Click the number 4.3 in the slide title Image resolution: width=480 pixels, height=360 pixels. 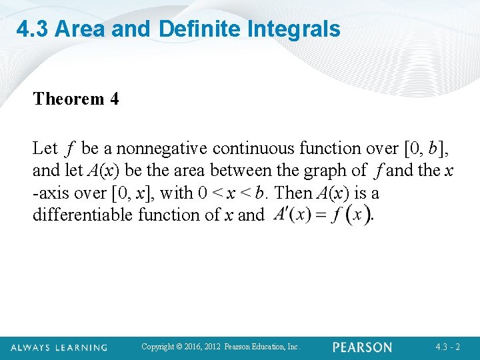(x=33, y=29)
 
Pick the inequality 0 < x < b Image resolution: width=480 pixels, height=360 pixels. (x=234, y=193)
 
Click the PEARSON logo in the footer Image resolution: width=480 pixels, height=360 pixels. (x=362, y=347)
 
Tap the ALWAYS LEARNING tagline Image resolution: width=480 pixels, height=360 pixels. (x=59, y=347)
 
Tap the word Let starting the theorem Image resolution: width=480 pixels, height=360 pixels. (x=45, y=148)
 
